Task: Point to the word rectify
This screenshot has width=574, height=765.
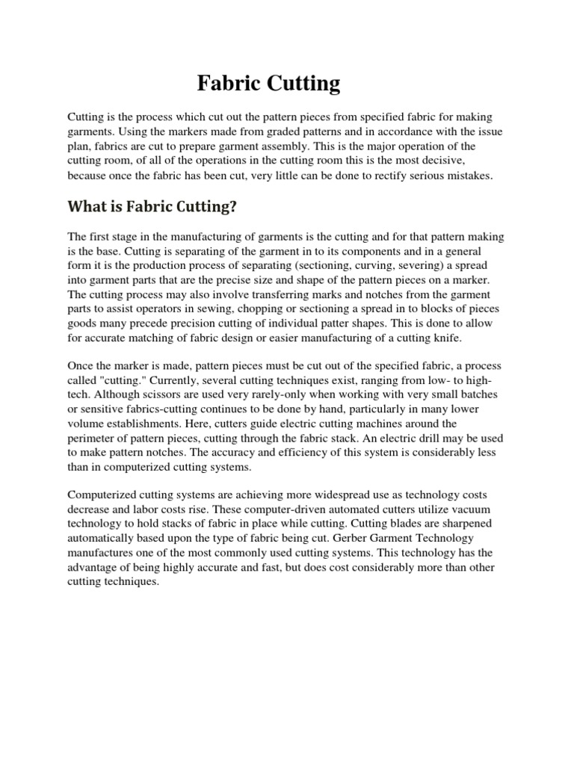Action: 371,176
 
